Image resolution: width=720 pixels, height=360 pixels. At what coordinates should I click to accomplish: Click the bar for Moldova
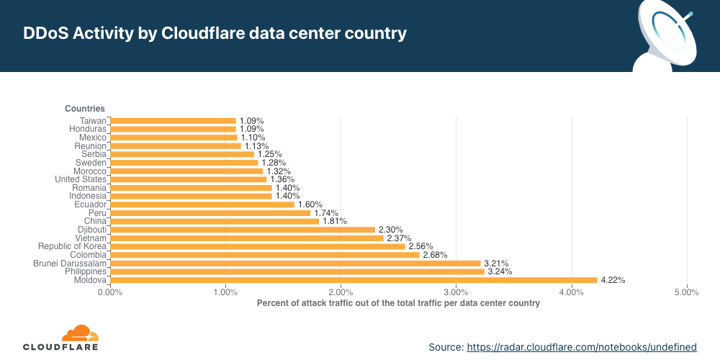pos(354,280)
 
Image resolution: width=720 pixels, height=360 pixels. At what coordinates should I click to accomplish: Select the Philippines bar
pos(297,271)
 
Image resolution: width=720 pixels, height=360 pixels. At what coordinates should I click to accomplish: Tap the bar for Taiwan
pos(173,120)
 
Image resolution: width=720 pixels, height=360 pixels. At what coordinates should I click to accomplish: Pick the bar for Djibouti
pos(243,230)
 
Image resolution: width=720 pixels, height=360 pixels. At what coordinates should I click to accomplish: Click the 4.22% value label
pos(613,280)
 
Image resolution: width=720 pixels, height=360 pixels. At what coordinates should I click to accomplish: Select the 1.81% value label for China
pos(335,221)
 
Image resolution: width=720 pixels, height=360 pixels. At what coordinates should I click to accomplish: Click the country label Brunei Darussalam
pos(70,264)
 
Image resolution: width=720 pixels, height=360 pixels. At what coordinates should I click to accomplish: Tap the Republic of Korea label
pos(72,246)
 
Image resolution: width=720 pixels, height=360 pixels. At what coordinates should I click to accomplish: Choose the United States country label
pos(81,179)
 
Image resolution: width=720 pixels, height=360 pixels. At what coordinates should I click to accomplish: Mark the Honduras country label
pos(88,129)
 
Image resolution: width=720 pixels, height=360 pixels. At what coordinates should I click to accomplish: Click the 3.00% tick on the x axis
pos(456,292)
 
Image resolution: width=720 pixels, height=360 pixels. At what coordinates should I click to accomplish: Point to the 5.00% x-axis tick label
pos(686,292)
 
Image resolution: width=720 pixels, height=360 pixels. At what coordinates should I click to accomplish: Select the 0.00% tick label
pos(110,292)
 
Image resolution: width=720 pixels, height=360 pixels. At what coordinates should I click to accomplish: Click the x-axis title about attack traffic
pos(398,304)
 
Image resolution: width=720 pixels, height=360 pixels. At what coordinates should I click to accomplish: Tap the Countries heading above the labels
pos(85,109)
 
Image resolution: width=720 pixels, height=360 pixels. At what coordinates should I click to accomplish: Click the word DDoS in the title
pos(45,34)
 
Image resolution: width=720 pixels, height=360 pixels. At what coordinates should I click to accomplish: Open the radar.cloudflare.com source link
pos(582,347)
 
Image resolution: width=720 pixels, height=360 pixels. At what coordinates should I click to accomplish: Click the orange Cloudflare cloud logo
pos(79,333)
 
